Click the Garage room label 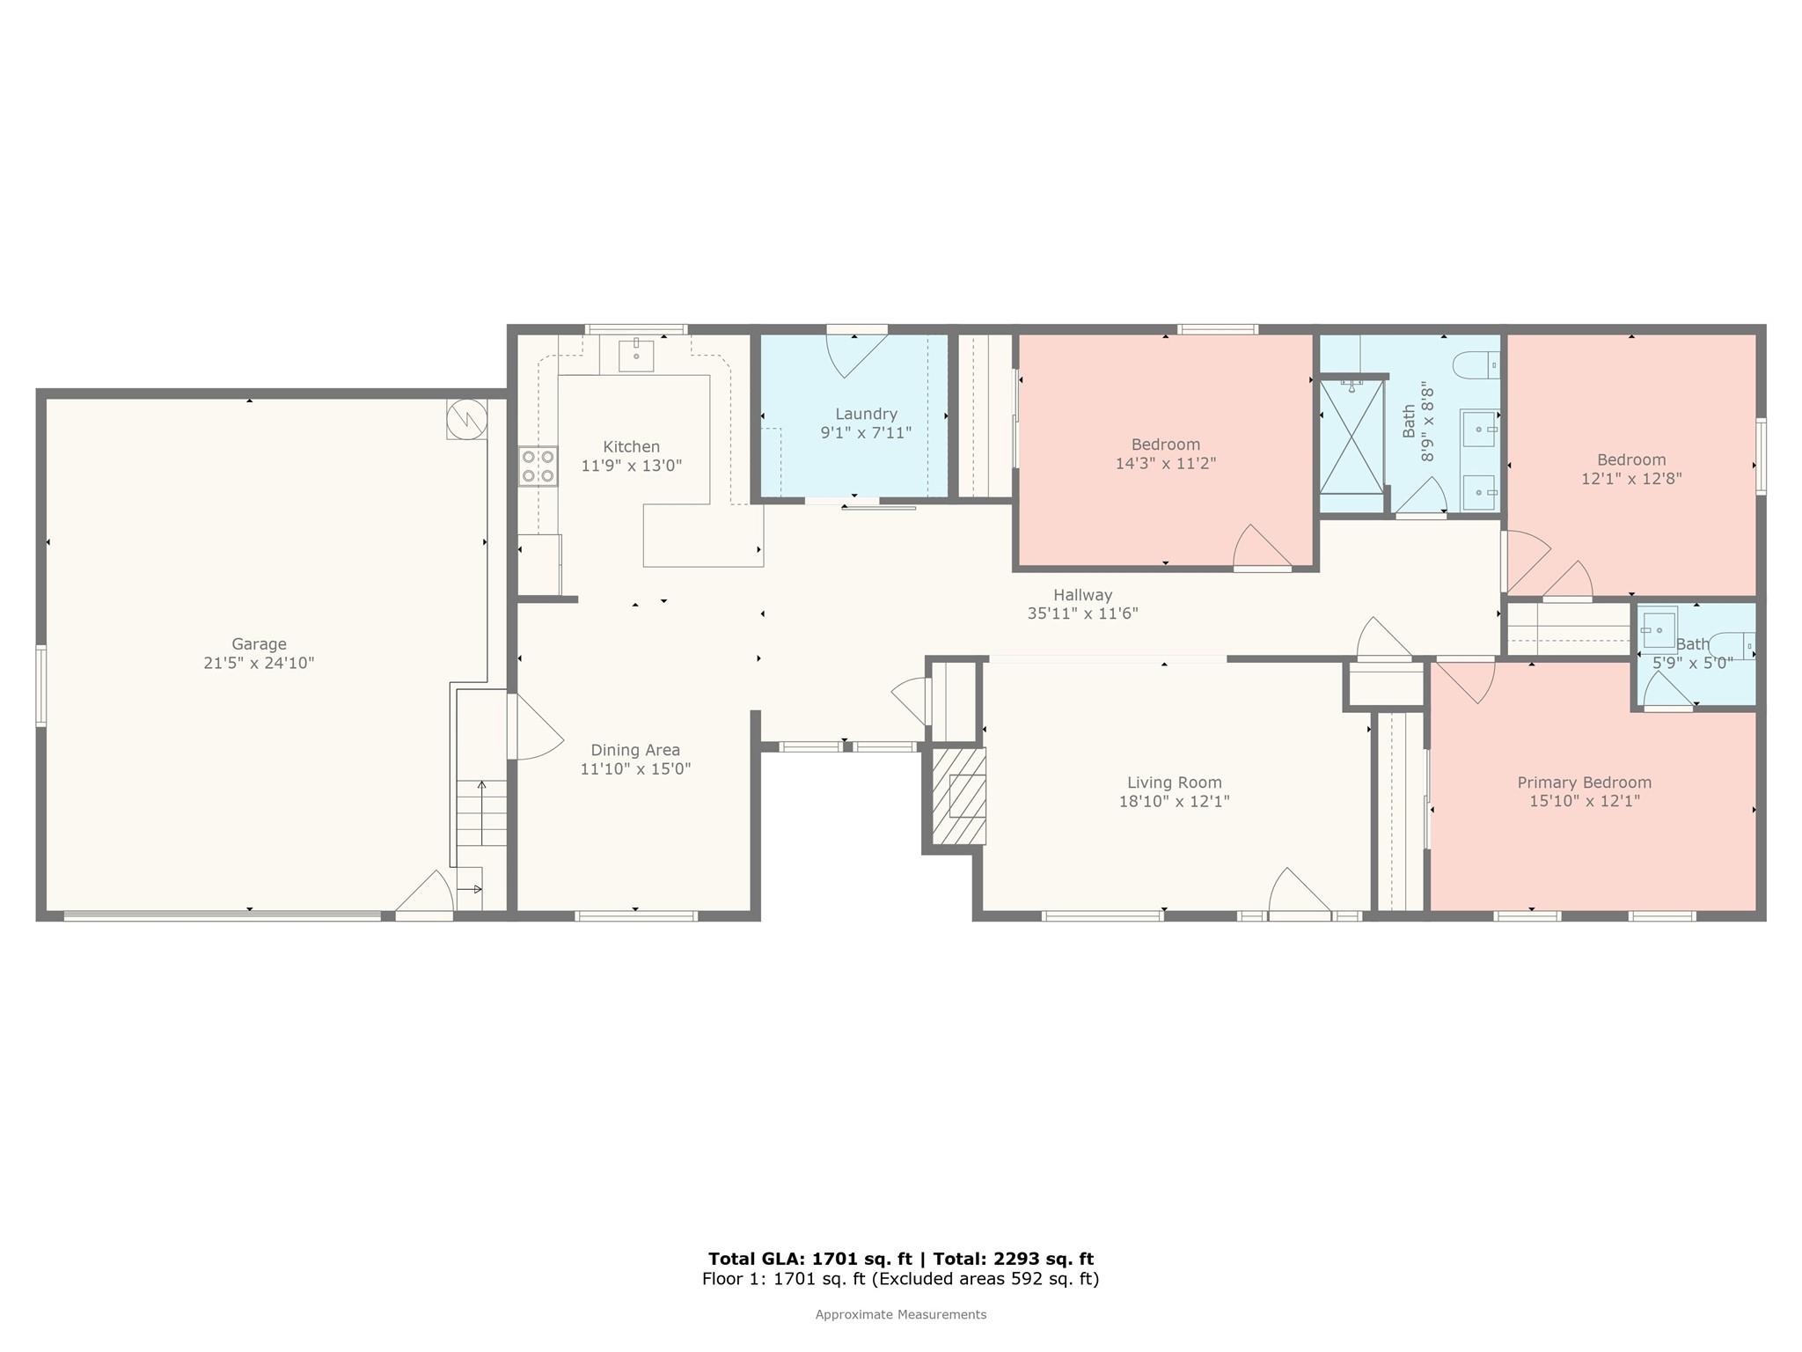click(259, 644)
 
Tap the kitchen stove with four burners click(538, 467)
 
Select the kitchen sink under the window click(636, 355)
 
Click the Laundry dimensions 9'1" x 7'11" click(866, 433)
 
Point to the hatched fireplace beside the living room click(958, 796)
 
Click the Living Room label click(1174, 783)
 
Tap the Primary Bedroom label click(1584, 783)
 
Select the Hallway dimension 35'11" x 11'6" click(1082, 614)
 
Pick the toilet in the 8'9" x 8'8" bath click(1477, 364)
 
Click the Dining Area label click(635, 750)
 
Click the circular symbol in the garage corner click(466, 418)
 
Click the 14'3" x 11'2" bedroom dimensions click(1165, 464)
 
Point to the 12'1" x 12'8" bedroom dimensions click(1631, 479)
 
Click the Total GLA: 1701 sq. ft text click(810, 1259)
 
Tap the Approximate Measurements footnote click(901, 1315)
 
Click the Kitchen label click(632, 447)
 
